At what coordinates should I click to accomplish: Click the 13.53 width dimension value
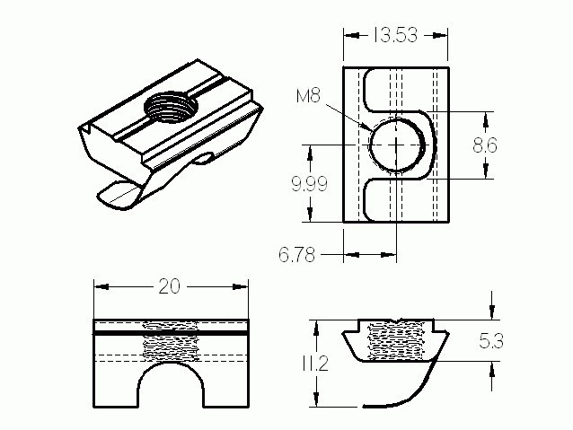[394, 35]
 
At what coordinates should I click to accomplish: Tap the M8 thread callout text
[308, 96]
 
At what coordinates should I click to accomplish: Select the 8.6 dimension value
[485, 145]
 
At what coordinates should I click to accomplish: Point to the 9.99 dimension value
[309, 184]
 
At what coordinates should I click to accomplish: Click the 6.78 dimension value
[296, 254]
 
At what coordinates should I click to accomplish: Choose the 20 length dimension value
[169, 286]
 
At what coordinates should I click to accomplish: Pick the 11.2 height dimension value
[315, 364]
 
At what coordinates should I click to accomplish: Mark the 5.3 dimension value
[491, 341]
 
